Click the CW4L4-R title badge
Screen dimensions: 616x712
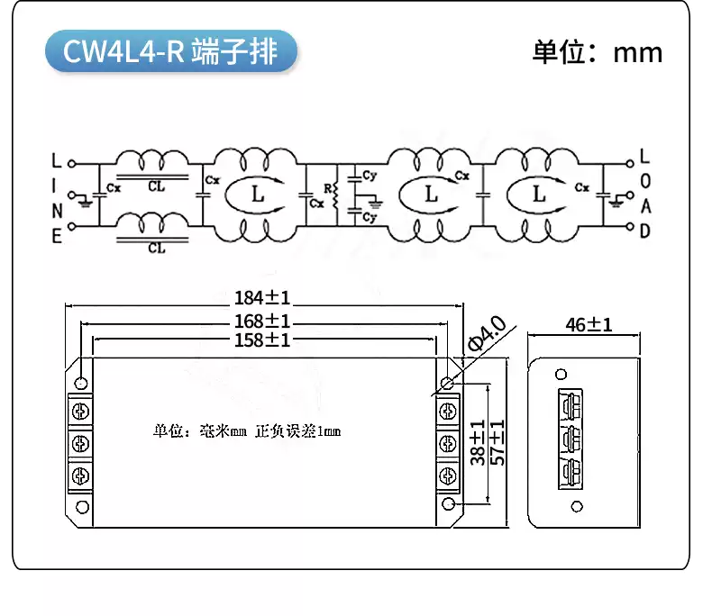pyautogui.click(x=170, y=52)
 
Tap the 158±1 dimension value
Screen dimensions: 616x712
pyautogui.click(x=262, y=340)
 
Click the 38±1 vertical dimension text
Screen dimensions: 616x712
pyautogui.click(x=479, y=441)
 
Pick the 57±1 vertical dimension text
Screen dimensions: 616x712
pyautogui.click(x=497, y=441)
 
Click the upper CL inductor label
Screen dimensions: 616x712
pyautogui.click(x=156, y=187)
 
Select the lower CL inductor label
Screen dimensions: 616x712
pyautogui.click(x=156, y=248)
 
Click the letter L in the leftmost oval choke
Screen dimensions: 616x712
pyautogui.click(x=258, y=194)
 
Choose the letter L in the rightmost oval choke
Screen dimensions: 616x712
pyautogui.click(x=539, y=194)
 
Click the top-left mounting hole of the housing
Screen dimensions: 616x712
pyautogui.click(x=82, y=384)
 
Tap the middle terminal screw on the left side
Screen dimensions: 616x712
pyautogui.click(x=80, y=443)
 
